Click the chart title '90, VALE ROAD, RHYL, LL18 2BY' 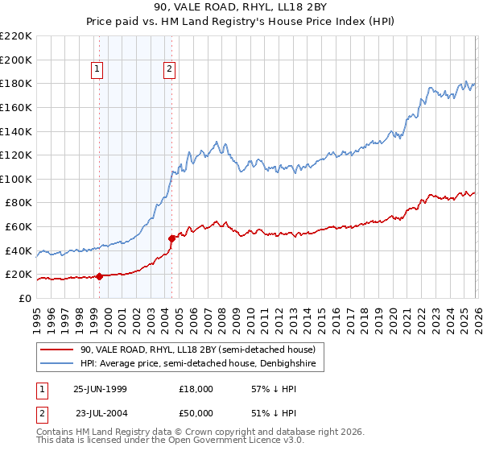[x=242, y=9]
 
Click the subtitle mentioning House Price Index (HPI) [x=242, y=23]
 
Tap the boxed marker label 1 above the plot [x=97, y=70]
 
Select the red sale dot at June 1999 [x=99, y=276]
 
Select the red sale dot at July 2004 [x=171, y=238]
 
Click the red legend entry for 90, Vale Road [x=201, y=350]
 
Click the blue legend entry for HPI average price [x=201, y=365]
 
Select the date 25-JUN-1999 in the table [x=100, y=388]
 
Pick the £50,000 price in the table [x=196, y=412]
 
